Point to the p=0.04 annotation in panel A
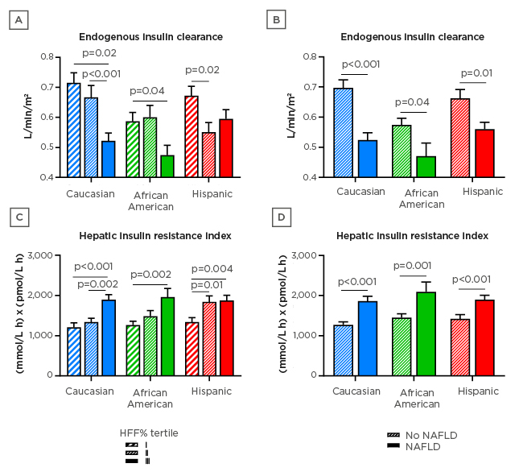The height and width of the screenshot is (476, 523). tap(147, 90)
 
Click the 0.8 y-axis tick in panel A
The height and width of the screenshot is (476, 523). tap(52, 56)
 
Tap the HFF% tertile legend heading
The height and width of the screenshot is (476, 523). tap(149, 433)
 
